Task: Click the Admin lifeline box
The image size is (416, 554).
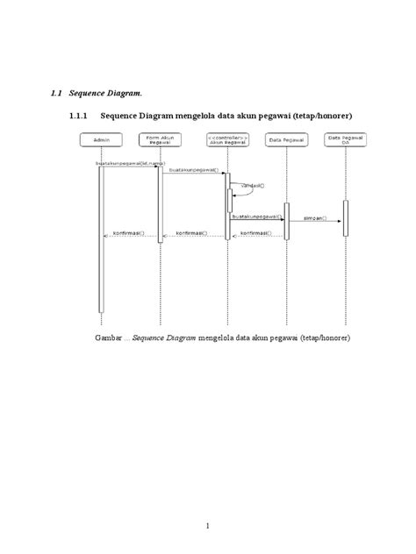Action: (101, 139)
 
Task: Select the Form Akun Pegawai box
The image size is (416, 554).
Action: (160, 139)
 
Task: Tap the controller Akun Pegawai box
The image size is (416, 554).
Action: (227, 139)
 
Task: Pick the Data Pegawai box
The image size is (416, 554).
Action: (286, 139)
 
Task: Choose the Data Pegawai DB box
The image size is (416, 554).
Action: (346, 139)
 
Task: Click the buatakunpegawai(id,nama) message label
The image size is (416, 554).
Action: (130, 164)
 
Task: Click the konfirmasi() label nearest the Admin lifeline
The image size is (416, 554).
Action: (129, 234)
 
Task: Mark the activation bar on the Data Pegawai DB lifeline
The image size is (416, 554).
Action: (346, 217)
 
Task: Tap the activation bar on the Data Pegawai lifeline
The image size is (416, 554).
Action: (286, 221)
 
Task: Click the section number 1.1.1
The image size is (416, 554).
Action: (69, 114)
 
